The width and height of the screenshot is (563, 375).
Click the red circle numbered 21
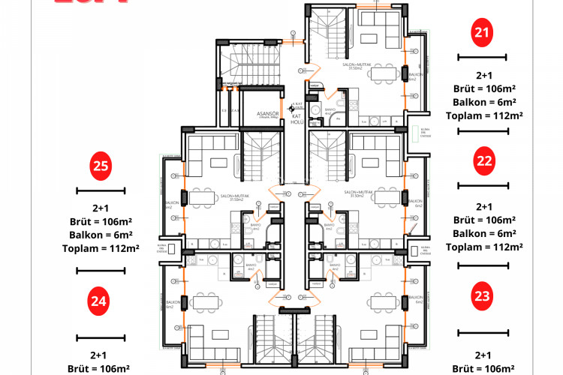tap(483, 31)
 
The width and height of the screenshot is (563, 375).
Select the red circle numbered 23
tap(483, 295)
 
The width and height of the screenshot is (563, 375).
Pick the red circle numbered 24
tap(98, 301)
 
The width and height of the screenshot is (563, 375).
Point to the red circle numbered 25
tap(101, 166)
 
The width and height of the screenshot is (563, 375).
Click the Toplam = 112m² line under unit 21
tap(484, 115)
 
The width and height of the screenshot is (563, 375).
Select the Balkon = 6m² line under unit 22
tap(484, 233)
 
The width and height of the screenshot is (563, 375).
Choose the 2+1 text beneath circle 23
tap(484, 355)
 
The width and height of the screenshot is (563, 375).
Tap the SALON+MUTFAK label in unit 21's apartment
tap(358, 67)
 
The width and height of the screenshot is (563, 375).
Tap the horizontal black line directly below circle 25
tap(100, 190)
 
